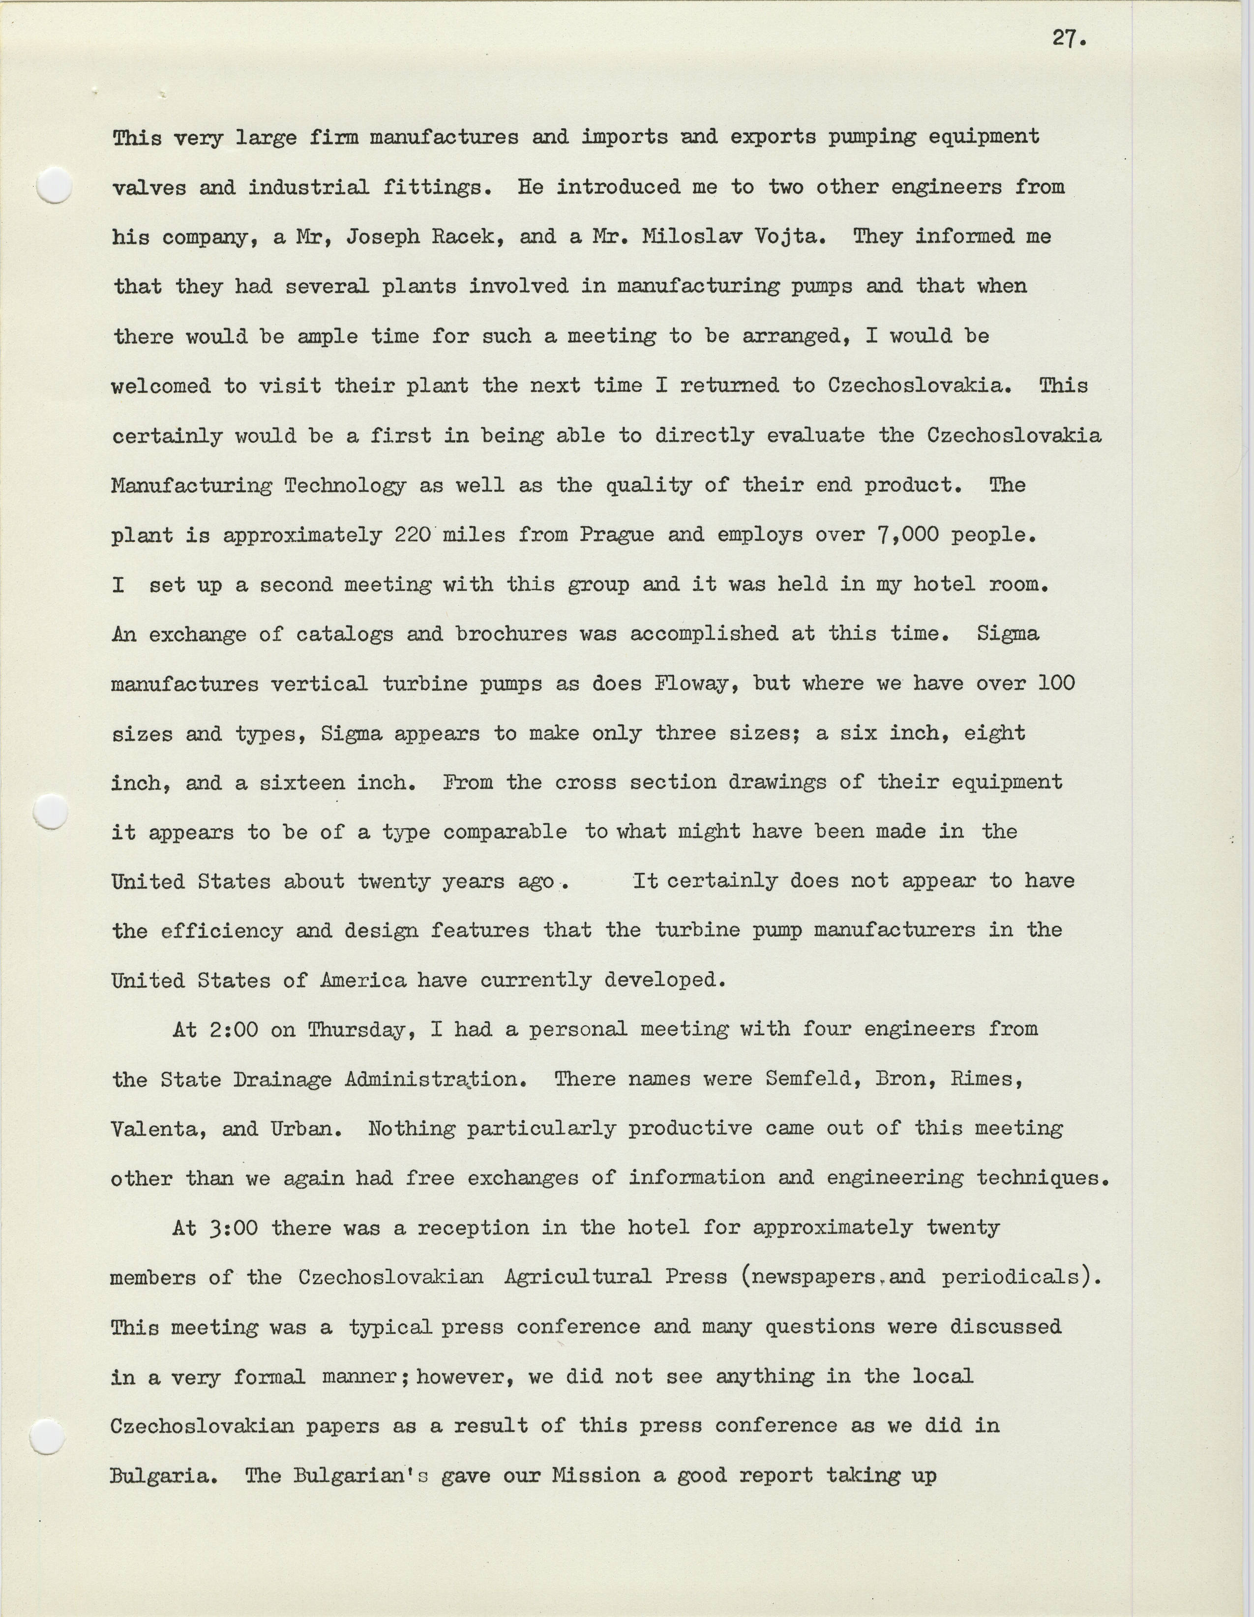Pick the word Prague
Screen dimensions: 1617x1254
pos(617,535)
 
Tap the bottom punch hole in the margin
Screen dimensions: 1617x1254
pos(47,1437)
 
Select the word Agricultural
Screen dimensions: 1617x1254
pos(577,1277)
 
